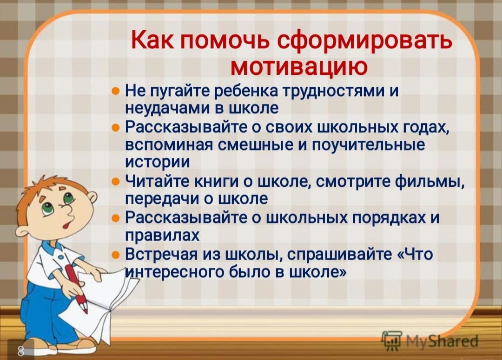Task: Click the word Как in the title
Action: [x=152, y=40]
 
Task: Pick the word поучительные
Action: [x=368, y=145]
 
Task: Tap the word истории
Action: [x=157, y=162]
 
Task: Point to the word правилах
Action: [x=162, y=236]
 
